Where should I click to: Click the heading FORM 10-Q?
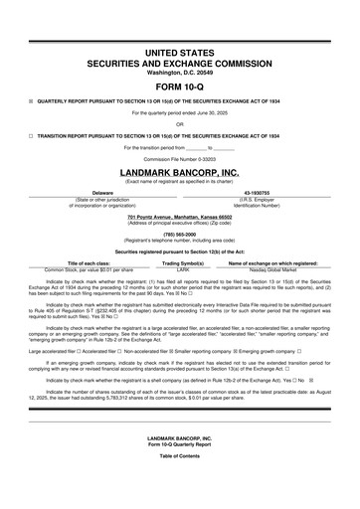[x=180, y=85]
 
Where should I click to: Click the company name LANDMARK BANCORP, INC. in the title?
[x=180, y=172]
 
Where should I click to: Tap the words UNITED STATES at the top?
[x=180, y=51]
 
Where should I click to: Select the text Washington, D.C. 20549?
[x=180, y=73]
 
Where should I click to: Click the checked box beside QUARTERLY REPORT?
[x=31, y=101]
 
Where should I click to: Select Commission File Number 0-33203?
[x=180, y=159]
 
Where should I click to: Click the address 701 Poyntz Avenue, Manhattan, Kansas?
[x=180, y=216]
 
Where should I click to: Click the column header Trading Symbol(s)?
[x=182, y=262]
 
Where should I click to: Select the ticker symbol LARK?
[x=182, y=268]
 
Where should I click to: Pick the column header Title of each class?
[x=90, y=262]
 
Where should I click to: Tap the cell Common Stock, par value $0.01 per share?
[x=90, y=268]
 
